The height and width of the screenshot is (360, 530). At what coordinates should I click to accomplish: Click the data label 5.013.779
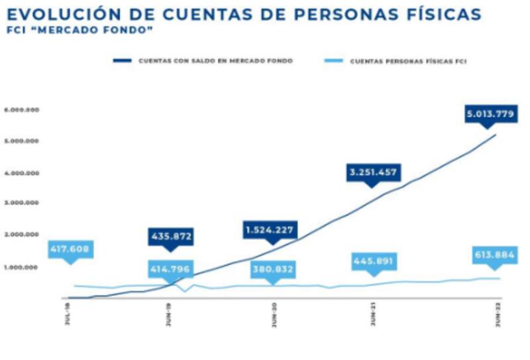pos(489,113)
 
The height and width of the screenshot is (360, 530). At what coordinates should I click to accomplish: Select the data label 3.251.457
pos(372,172)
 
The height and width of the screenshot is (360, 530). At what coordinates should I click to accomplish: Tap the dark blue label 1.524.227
pos(269,230)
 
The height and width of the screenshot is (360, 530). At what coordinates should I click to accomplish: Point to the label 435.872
pos(170,237)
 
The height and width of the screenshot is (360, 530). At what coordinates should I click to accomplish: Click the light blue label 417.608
pos(70,250)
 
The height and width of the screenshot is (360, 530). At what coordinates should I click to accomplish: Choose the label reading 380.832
pos(272,270)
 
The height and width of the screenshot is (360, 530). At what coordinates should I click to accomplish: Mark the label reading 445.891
pos(373,261)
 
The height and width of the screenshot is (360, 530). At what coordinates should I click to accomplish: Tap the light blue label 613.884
pos(494,255)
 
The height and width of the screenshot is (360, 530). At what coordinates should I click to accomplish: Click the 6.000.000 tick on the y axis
pos(22,110)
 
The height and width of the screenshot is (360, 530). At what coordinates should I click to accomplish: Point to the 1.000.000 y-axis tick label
pos(22,267)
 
